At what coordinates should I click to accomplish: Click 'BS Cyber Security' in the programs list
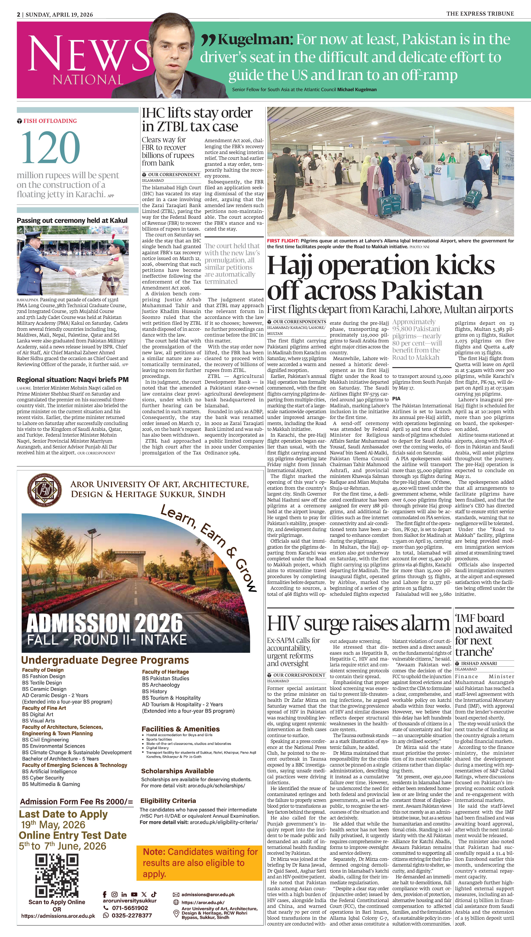click(x=43, y=778)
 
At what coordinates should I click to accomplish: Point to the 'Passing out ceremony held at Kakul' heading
click(x=72, y=220)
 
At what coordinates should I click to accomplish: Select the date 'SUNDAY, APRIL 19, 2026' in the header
click(x=59, y=15)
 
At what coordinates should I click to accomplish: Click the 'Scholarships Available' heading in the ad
click(x=177, y=771)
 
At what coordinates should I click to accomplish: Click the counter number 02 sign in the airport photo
click(x=438, y=170)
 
